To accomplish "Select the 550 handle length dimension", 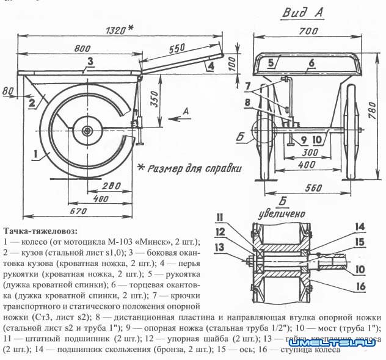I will [177, 48].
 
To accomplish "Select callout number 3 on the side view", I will [89, 60].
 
